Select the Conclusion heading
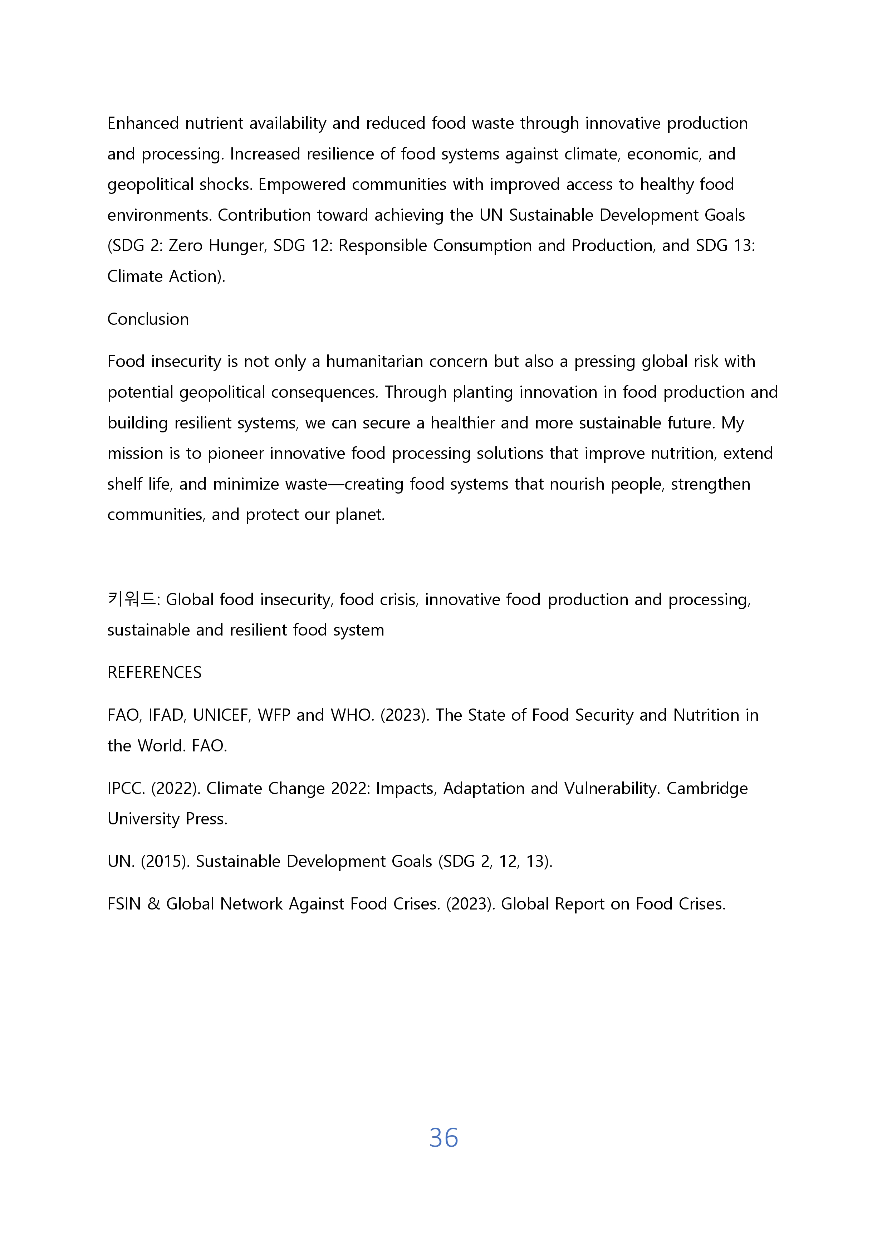[148, 319]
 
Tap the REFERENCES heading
[154, 672]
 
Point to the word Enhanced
[143, 123]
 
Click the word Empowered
[302, 185]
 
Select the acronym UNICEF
[220, 716]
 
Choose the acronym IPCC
[126, 789]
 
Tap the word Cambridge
[707, 789]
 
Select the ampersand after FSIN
[153, 904]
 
